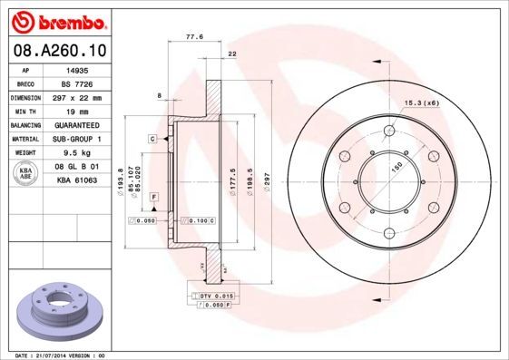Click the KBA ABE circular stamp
click(x=27, y=174)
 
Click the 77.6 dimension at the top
click(x=193, y=38)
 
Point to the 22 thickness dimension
click(x=233, y=55)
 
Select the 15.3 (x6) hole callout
click(x=421, y=104)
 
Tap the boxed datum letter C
click(x=153, y=138)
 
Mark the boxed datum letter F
click(x=153, y=197)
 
